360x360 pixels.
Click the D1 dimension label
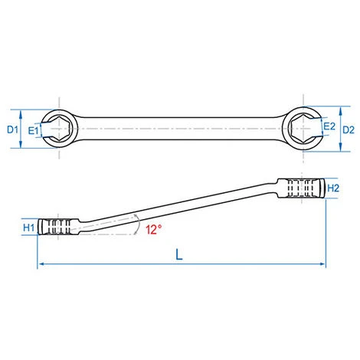(12, 130)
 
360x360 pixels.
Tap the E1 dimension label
(33, 131)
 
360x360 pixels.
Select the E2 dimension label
(329, 126)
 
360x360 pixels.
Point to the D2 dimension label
(349, 130)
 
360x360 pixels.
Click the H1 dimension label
(28, 227)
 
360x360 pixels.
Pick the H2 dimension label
(333, 188)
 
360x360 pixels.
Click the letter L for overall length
(179, 254)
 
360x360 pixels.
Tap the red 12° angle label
(154, 229)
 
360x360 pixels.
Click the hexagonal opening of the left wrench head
(59, 129)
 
